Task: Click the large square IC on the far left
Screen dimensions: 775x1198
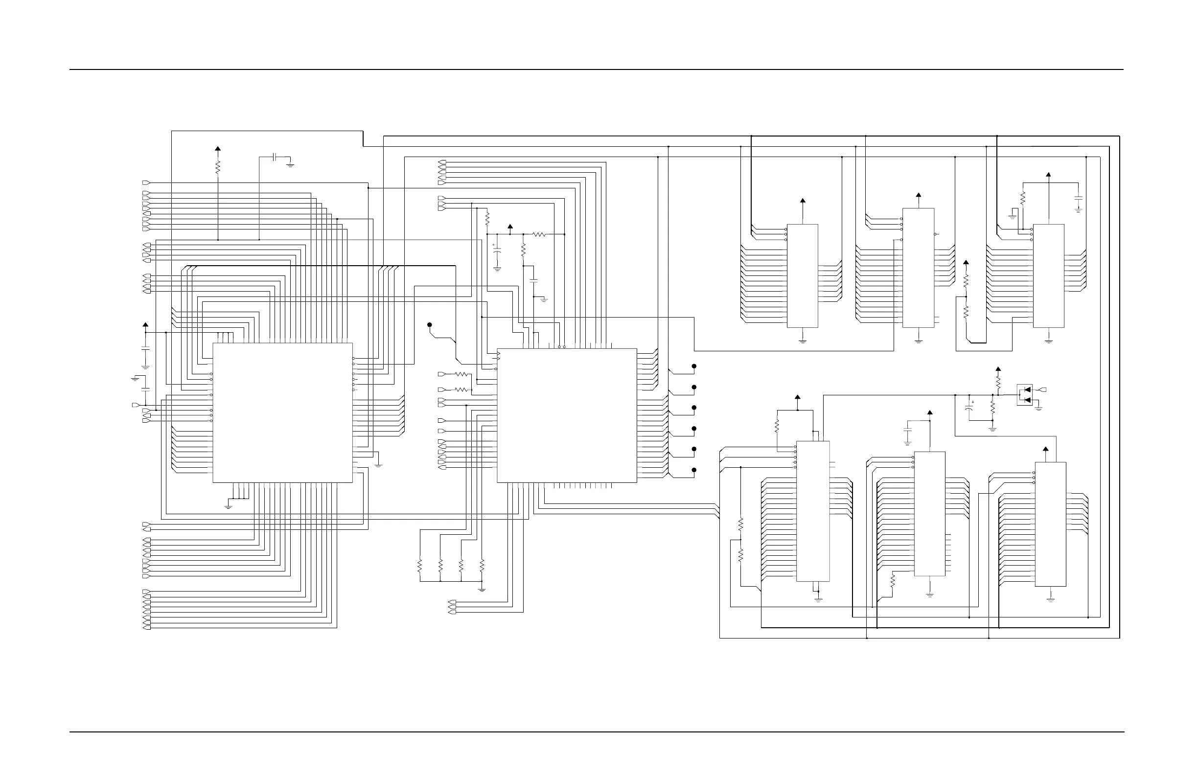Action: point(282,412)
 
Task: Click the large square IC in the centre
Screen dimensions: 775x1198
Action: point(567,415)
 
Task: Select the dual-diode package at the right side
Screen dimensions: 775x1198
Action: point(1025,395)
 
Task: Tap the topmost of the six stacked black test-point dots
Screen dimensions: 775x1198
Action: point(693,366)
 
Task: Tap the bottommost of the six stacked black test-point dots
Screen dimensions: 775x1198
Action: point(693,470)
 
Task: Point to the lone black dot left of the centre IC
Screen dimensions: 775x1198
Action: point(429,325)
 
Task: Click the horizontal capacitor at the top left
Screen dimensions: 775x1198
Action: point(275,157)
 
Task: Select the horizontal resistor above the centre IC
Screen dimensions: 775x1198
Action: point(539,234)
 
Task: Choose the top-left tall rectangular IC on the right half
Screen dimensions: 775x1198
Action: point(803,276)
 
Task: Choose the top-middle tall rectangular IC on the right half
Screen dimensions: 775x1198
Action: point(918,268)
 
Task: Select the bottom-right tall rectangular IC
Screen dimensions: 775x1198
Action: point(1051,524)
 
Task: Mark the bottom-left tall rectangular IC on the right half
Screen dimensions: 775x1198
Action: point(813,511)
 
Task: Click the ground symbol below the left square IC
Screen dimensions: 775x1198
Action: point(228,506)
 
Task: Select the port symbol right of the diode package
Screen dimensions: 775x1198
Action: point(1043,390)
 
